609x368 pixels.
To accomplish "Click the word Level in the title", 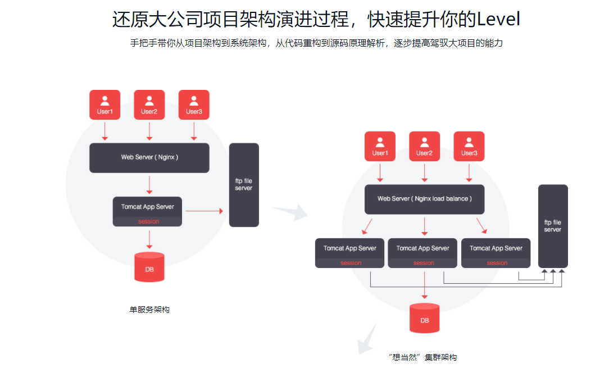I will click(498, 19).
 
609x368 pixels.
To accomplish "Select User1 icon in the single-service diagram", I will click(104, 105).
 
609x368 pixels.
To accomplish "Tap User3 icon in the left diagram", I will click(194, 105).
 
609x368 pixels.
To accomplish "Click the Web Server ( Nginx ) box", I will click(149, 157).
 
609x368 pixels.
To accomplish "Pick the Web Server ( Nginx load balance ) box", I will click(424, 199).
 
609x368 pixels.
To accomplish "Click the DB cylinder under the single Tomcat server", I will click(149, 267).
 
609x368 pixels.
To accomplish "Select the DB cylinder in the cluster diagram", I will click(424, 318).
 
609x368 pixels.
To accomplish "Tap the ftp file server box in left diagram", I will click(244, 185).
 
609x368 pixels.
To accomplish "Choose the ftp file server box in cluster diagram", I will click(553, 226).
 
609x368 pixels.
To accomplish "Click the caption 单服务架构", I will click(149, 310).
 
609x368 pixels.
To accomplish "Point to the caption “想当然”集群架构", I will click(422, 357).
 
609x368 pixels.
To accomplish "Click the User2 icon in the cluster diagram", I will click(424, 146).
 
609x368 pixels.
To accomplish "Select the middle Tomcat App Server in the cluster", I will click(423, 253).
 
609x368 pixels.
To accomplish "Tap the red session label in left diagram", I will click(148, 221).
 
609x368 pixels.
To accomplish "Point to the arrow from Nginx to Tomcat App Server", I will click(149, 184).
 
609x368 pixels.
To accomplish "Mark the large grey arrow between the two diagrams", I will click(291, 212).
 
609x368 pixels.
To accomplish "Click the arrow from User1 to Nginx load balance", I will click(380, 172).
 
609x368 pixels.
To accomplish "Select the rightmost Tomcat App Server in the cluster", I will click(496, 253).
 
